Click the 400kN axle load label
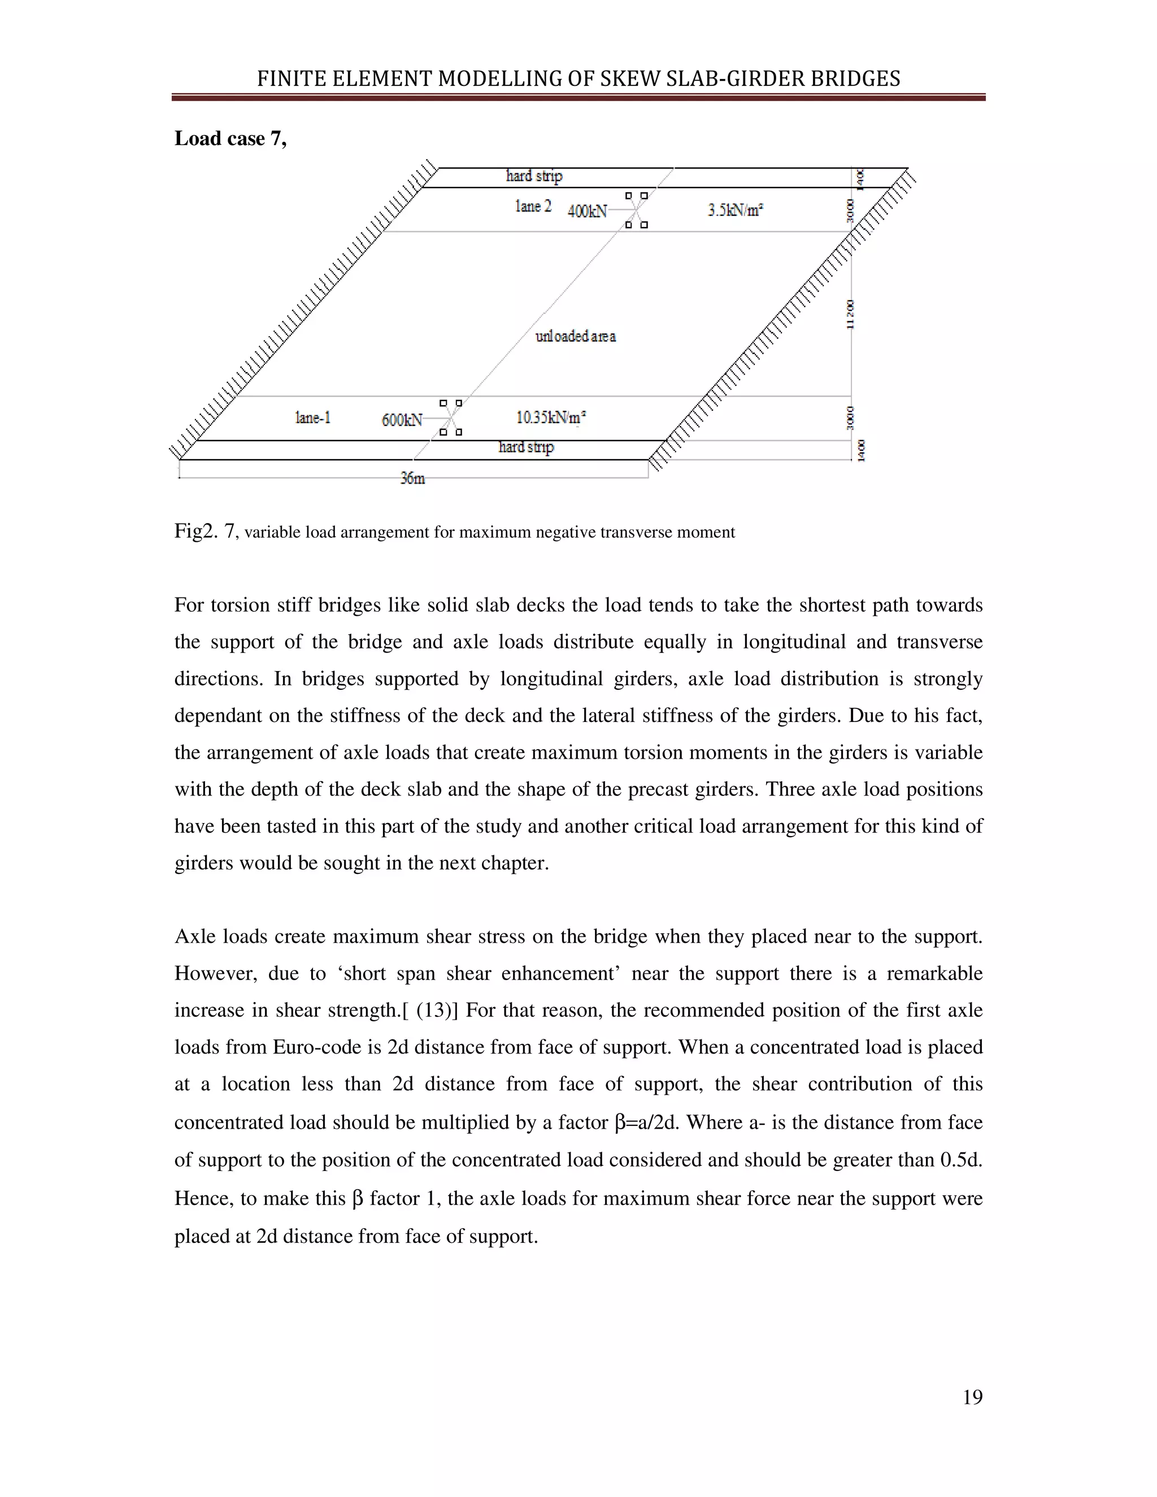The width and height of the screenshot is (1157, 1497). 588,211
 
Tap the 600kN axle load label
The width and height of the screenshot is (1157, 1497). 402,420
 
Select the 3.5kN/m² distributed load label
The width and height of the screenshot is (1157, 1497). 736,210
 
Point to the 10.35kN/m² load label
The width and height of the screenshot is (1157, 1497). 551,417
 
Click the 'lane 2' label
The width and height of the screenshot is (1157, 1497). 533,206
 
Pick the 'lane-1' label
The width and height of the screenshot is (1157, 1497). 313,417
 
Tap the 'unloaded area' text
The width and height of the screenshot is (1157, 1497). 576,336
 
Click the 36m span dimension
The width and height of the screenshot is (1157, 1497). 412,478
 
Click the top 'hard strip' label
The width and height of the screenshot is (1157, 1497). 534,176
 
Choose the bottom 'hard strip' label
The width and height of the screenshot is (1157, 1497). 526,447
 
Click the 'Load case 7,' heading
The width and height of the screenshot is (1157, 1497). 230,138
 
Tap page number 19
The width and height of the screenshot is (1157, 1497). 972,1397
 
